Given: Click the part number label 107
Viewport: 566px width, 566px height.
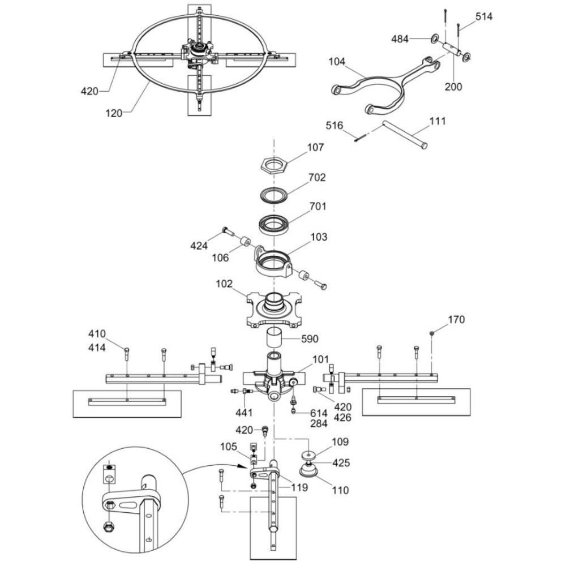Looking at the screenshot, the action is pyautogui.click(x=315, y=147).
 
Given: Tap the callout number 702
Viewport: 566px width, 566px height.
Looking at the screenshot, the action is pyautogui.click(x=317, y=177).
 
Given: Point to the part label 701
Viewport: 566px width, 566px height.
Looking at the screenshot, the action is pyautogui.click(x=318, y=206).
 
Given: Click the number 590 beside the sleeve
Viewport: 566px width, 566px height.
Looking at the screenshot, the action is pyautogui.click(x=310, y=339).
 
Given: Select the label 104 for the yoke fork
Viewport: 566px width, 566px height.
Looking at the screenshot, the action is pyautogui.click(x=337, y=62).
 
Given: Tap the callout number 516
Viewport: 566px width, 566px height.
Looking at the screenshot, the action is pyautogui.click(x=335, y=125).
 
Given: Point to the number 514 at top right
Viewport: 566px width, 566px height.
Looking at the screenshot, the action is pyautogui.click(x=484, y=16).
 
